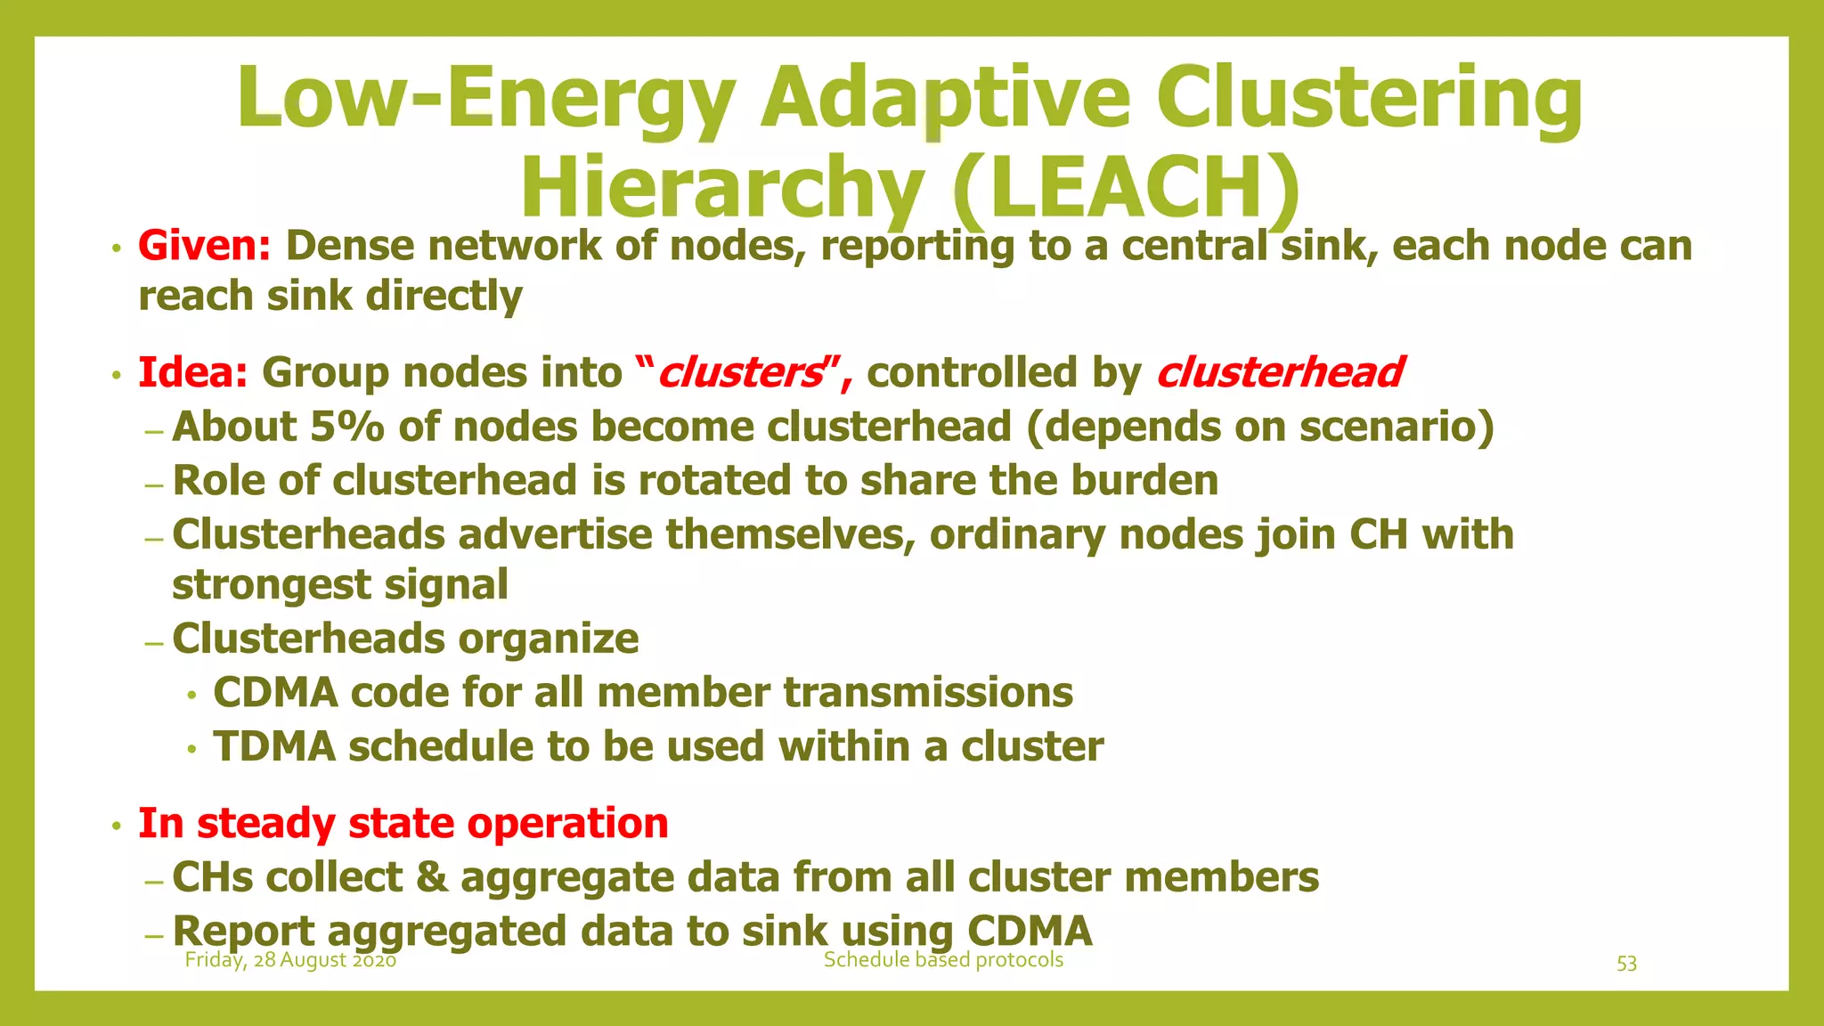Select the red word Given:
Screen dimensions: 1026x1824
204,246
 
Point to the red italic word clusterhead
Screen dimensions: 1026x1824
1279,372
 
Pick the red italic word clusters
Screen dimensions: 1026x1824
739,372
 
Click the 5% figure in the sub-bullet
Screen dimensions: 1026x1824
346,427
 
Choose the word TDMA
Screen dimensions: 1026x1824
274,746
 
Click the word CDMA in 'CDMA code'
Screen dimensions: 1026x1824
275,693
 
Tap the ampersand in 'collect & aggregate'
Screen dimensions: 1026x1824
431,877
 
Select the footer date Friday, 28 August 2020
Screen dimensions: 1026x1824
290,960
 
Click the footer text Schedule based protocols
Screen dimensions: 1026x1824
943,960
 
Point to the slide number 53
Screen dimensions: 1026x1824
1626,964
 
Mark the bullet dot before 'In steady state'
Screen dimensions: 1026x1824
116,826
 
